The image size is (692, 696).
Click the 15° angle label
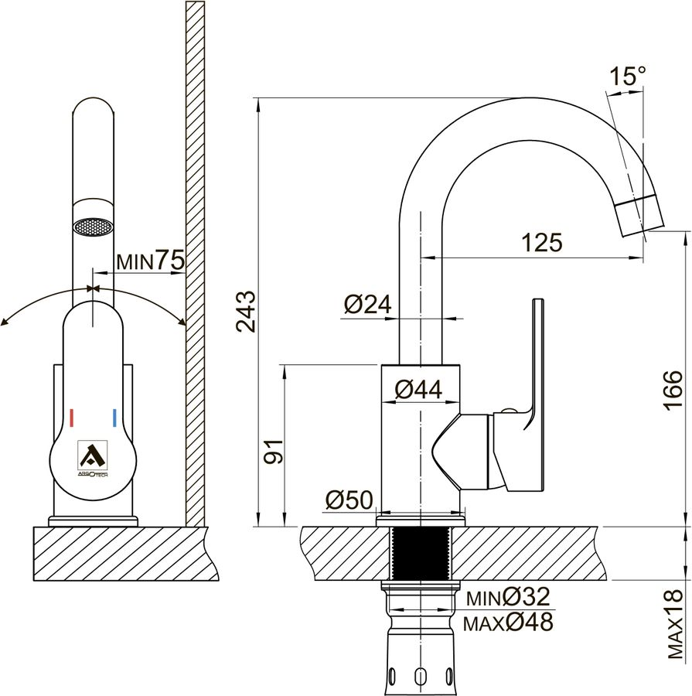[x=628, y=76]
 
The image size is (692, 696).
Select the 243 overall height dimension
[x=246, y=311]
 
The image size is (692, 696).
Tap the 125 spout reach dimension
[x=541, y=242]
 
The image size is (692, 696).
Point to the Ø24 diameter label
[x=367, y=305]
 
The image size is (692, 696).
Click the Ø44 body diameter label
[x=418, y=390]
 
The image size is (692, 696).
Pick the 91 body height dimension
[x=274, y=452]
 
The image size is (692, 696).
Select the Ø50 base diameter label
[x=349, y=500]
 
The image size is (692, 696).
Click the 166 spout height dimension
[x=672, y=391]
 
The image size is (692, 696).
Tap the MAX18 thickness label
[x=675, y=623]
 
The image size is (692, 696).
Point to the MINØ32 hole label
[x=508, y=597]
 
